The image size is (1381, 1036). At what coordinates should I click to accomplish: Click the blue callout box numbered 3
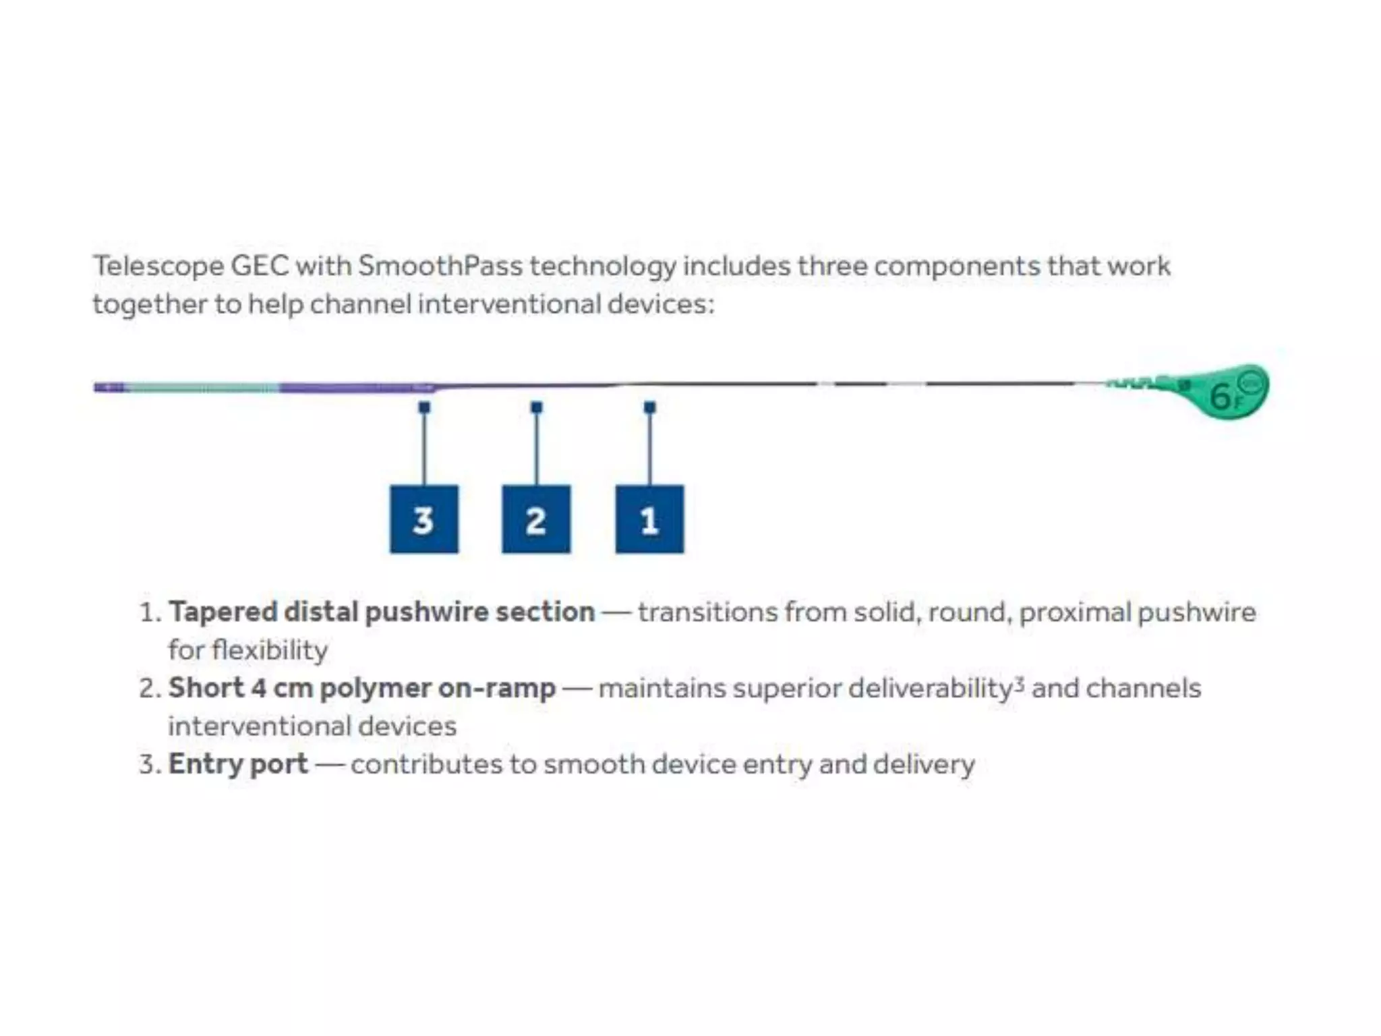tap(423, 519)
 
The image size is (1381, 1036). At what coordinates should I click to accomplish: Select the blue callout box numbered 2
tap(536, 519)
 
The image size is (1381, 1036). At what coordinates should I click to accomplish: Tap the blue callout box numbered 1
tap(649, 519)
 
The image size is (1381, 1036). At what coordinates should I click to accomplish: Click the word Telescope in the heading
tap(158, 266)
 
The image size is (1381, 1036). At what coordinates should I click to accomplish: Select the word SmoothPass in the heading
tap(440, 266)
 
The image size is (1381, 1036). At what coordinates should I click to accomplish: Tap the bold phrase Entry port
tap(238, 764)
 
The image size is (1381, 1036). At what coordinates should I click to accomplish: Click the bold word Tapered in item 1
tap(223, 612)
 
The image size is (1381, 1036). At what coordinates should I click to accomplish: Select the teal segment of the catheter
tap(202, 388)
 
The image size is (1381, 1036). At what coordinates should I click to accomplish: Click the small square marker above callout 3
tap(424, 407)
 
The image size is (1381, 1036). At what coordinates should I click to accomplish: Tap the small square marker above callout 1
tap(650, 407)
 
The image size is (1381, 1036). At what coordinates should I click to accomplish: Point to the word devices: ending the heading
tap(660, 304)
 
